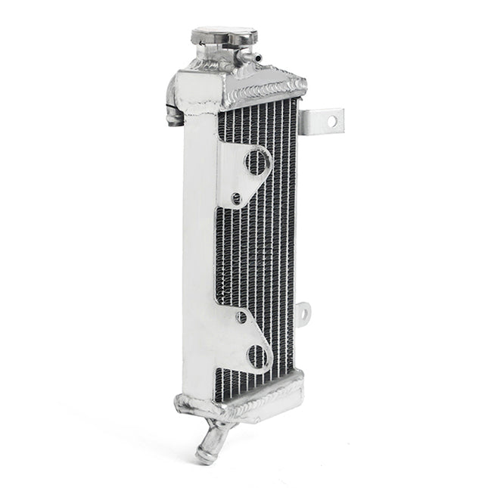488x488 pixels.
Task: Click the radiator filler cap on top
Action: tap(223, 35)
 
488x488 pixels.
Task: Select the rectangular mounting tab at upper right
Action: tap(322, 121)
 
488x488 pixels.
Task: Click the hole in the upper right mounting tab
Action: tap(331, 121)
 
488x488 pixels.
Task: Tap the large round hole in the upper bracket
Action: tap(257, 160)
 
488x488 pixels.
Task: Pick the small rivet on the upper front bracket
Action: tap(236, 198)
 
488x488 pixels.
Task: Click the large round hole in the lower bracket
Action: tap(258, 355)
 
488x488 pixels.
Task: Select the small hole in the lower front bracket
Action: tap(241, 318)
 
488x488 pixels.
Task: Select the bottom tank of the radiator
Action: tap(242, 399)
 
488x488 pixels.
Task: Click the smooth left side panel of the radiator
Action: tap(198, 250)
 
